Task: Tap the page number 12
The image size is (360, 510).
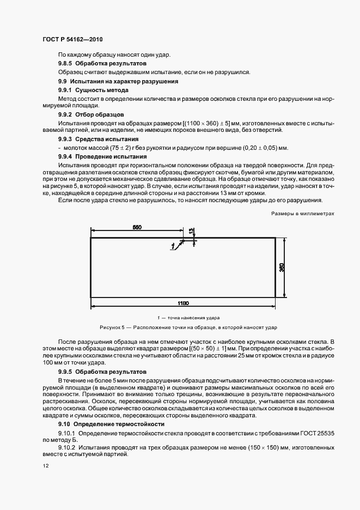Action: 45,466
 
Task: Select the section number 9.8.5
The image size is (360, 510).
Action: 66,63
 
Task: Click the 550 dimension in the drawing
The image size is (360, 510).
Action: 137,227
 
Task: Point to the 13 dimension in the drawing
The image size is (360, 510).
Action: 191,232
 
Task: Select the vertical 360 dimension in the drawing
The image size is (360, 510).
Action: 282,267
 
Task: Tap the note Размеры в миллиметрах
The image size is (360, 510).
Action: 302,214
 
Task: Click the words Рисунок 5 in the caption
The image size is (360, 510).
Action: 112,327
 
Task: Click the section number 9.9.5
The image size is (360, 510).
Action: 66,371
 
